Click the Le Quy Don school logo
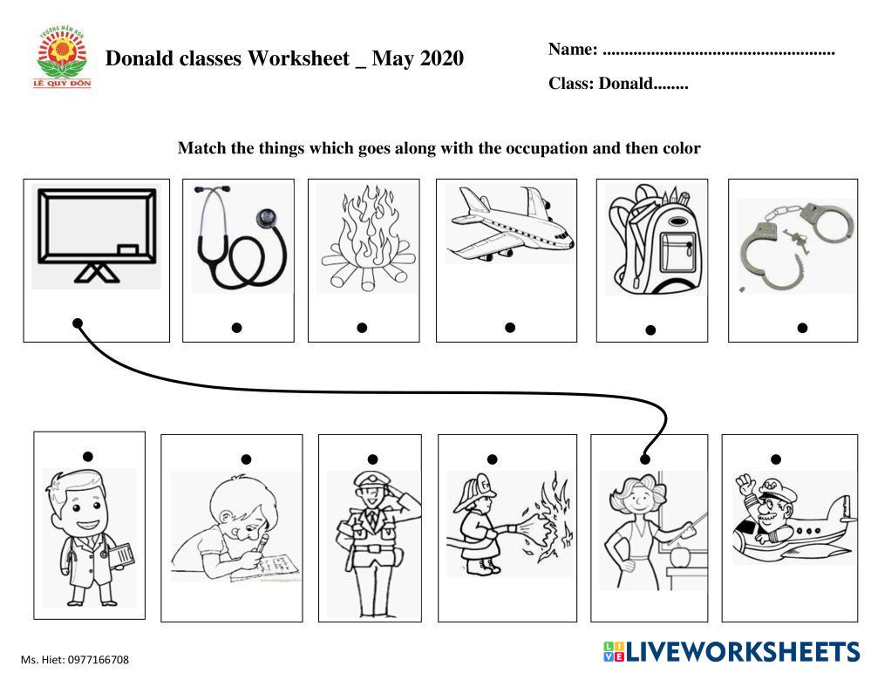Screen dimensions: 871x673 [62, 58]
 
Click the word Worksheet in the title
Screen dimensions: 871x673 [298, 58]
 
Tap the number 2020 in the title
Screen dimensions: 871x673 [439, 58]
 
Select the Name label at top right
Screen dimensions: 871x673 [573, 50]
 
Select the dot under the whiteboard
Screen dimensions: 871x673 [78, 323]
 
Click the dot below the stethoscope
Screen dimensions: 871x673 [236, 328]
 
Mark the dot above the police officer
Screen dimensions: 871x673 [373, 459]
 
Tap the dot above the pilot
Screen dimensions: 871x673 [776, 459]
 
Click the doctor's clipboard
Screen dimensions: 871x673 [122, 556]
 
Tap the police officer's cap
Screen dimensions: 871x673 [368, 479]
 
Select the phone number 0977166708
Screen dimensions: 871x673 [99, 660]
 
